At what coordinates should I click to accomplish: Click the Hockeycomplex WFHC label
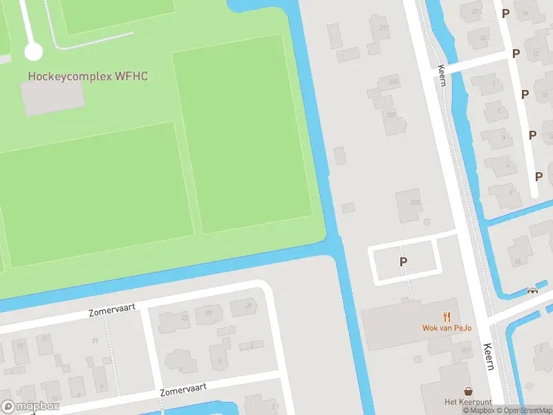point(87,76)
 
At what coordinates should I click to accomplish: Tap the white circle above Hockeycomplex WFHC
point(33,51)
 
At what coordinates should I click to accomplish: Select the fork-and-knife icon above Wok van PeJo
point(447,317)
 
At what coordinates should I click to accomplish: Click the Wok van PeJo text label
point(447,328)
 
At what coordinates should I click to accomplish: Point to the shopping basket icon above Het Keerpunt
point(468,391)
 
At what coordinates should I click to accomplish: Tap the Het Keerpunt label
point(468,402)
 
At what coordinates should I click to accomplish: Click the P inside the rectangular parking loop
point(403,261)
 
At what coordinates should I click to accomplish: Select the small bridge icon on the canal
point(532,291)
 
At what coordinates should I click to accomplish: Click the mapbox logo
point(30,407)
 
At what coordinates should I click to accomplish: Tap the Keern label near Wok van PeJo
point(489,356)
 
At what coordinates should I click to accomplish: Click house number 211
point(384,28)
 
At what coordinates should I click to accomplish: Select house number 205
point(415,202)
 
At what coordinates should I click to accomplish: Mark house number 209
point(393,82)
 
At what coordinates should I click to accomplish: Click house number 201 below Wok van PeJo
point(465,351)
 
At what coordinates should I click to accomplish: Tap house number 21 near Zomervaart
point(95,340)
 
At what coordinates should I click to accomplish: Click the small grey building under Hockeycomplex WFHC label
point(53,98)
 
